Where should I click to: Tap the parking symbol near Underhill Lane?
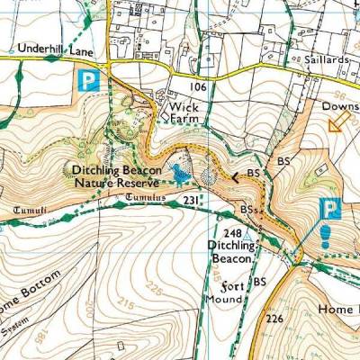86,79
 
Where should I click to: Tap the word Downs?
341,104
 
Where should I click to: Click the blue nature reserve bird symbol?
183,170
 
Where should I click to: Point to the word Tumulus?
147,195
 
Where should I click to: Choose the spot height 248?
233,231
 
